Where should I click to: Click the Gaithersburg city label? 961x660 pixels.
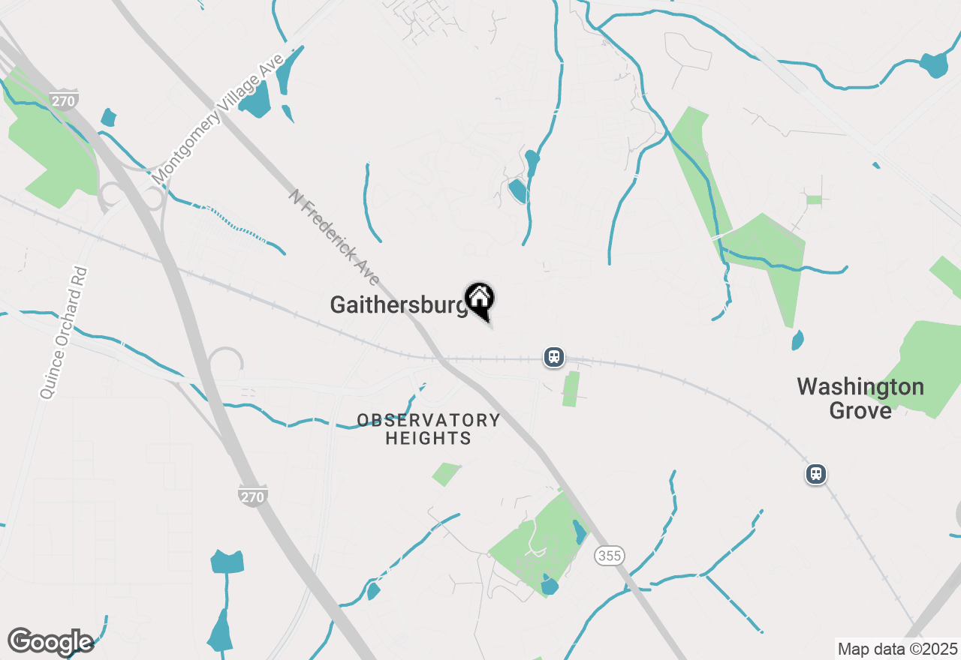399,305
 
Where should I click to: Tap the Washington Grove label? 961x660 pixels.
860,398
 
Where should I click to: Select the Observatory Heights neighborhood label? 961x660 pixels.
429,429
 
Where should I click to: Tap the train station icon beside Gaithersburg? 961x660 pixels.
554,356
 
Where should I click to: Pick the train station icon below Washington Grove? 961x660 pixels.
816,474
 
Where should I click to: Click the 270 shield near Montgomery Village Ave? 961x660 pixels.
65,100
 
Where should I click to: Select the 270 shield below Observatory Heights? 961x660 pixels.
253,495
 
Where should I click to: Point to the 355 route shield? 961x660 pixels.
609,556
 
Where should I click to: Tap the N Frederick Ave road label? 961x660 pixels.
334,237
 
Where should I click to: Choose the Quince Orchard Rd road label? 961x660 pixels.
64,332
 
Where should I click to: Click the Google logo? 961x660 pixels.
50,642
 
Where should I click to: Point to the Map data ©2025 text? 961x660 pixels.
897,649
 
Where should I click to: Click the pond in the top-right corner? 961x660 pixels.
935,64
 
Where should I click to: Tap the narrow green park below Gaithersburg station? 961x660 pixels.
571,389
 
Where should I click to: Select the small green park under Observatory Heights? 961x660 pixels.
446,474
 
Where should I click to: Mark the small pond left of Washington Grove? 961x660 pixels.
797,340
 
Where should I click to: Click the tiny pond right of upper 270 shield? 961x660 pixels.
109,118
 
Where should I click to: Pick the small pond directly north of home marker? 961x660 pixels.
517,190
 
